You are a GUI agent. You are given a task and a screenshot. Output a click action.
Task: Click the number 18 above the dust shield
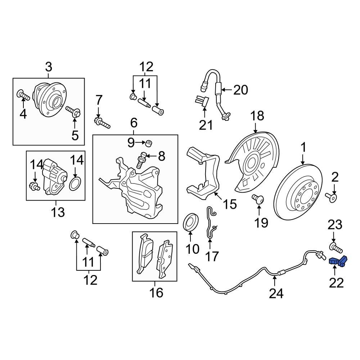pyautogui.click(x=257, y=116)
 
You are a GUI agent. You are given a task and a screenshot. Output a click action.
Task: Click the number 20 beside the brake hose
pyautogui.click(x=240, y=90)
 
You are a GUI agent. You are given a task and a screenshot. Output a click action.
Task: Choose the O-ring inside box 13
pyautogui.click(x=75, y=184)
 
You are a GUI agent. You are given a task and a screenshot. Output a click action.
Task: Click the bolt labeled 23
pyautogui.click(x=335, y=248)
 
